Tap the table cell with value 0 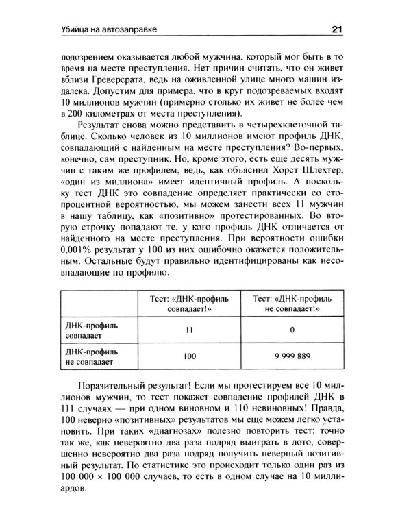coord(292,330)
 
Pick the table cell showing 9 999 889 coord(292,357)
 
